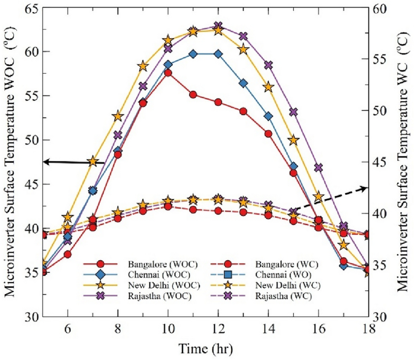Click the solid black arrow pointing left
[73, 162]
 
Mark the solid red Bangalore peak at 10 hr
[168, 73]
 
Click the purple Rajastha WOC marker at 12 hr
[219, 27]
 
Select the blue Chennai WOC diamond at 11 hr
[193, 54]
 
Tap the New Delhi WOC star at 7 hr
[92, 162]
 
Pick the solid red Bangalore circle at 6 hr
[68, 254]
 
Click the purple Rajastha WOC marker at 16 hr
[319, 168]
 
